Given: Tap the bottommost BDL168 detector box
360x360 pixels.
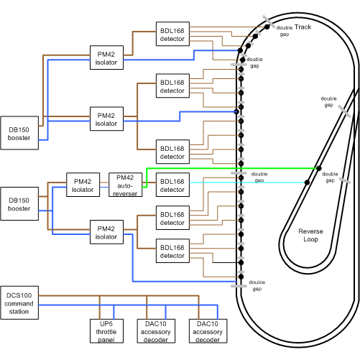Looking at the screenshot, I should pyautogui.click(x=172, y=252).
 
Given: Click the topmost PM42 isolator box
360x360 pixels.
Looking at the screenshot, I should pyautogui.click(x=106, y=59).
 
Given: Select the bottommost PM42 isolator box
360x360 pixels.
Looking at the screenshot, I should pyautogui.click(x=106, y=233).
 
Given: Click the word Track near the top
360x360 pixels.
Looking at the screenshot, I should pyautogui.click(x=303, y=27).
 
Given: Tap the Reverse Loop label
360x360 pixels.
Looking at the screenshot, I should pyautogui.click(x=313, y=236).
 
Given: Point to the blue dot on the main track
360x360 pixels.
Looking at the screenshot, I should pyautogui.click(x=236, y=112).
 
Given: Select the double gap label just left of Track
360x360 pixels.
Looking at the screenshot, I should pyautogui.click(x=285, y=31).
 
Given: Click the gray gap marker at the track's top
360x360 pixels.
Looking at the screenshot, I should pyautogui.click(x=266, y=19).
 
